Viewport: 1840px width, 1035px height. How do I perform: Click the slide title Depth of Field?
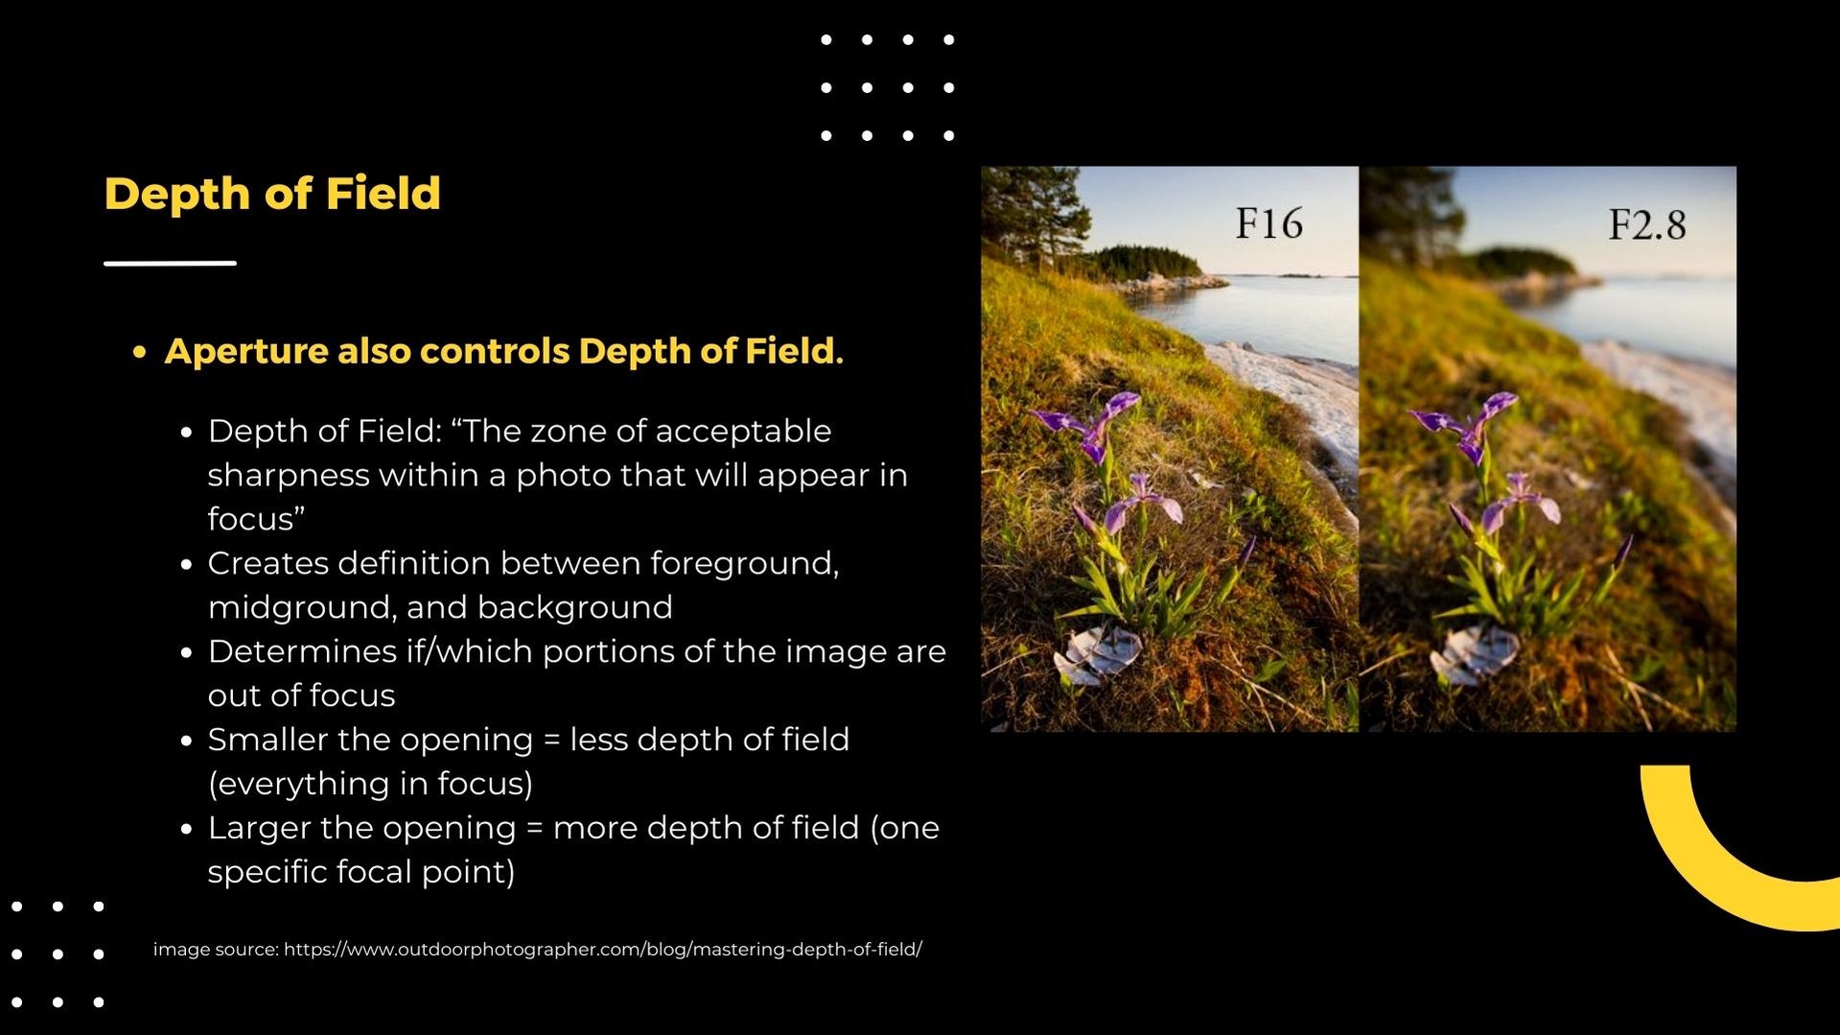pos(272,194)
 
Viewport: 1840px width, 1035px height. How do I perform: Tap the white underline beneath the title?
pos(170,262)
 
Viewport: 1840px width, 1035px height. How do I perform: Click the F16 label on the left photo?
pos(1269,223)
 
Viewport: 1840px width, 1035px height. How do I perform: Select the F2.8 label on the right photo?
pos(1646,224)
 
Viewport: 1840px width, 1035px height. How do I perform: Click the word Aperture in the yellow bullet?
pos(246,351)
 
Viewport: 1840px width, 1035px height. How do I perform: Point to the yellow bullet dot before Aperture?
pos(140,352)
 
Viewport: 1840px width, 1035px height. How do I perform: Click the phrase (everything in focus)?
pos(370,785)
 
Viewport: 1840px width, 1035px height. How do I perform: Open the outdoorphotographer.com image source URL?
pos(603,950)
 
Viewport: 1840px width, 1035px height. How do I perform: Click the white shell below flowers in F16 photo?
pos(1097,655)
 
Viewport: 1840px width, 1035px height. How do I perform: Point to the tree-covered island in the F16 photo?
pos(1145,263)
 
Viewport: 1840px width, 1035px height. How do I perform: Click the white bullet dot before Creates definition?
pos(187,564)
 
